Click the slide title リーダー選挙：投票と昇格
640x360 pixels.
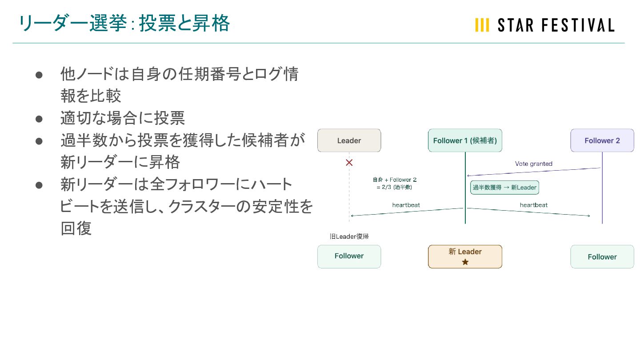[x=124, y=24]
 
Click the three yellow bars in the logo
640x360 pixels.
[x=482, y=25]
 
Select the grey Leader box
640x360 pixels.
[x=349, y=140]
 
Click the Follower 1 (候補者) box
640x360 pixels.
[x=465, y=140]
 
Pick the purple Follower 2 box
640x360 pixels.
[x=602, y=140]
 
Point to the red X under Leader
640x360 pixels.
[x=349, y=163]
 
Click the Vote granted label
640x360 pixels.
[x=533, y=164]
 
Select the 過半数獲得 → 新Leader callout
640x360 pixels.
[x=504, y=188]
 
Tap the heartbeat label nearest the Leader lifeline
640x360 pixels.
[x=406, y=205]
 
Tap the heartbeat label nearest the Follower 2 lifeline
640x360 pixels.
[x=533, y=205]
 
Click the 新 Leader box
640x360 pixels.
[x=465, y=256]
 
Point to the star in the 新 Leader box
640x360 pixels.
[x=465, y=262]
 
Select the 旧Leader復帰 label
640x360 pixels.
[x=349, y=236]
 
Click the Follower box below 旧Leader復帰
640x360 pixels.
[x=349, y=256]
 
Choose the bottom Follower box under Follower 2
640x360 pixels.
[x=602, y=256]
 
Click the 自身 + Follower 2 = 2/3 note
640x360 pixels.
[x=394, y=183]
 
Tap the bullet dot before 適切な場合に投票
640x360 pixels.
[x=39, y=119]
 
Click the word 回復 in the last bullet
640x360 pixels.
[x=76, y=228]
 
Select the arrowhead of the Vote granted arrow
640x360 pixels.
[x=468, y=176]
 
